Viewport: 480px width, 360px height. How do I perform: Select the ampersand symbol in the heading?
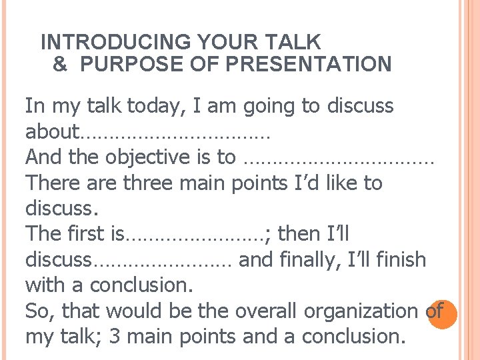59,64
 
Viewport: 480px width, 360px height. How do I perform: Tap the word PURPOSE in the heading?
121,64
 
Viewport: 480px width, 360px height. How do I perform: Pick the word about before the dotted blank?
52,131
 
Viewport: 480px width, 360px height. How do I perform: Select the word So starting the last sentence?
36,311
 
